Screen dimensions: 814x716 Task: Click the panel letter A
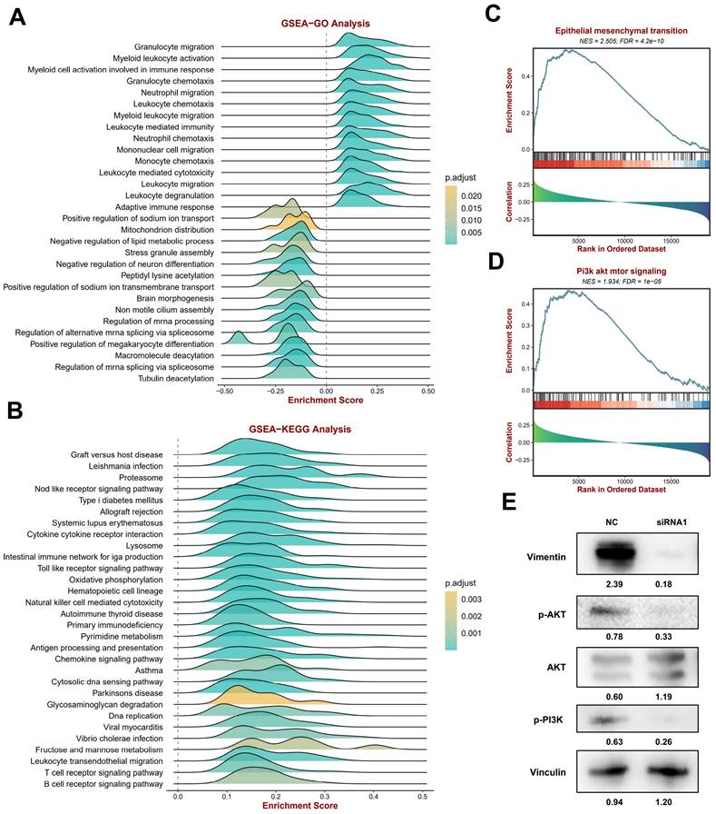click(16, 19)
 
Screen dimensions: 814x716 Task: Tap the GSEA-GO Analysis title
click(326, 25)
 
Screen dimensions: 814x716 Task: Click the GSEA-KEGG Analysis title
click(299, 429)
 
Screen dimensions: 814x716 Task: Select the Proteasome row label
click(141, 477)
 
